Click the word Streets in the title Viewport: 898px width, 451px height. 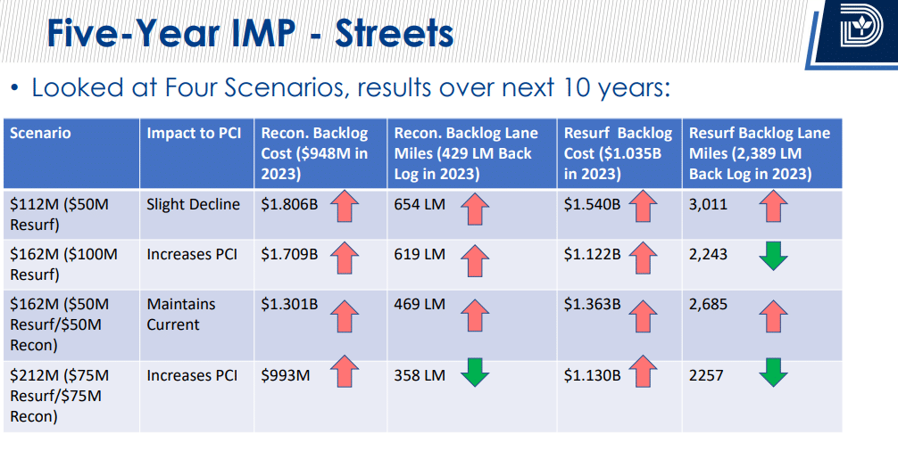pos(394,34)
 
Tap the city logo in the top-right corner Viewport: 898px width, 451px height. pos(860,33)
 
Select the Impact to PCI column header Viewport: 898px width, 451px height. pos(194,134)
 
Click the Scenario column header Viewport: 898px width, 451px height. pos(40,134)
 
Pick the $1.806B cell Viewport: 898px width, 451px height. pos(289,204)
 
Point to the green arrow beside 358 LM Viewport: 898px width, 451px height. pos(476,373)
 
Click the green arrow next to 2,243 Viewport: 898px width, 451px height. pos(773,256)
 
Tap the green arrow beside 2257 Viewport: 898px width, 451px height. pos(773,373)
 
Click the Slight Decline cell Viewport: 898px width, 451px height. pos(194,204)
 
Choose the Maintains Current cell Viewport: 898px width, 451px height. pos(181,314)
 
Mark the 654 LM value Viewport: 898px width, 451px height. pos(420,204)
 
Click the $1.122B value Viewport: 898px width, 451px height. pos(592,254)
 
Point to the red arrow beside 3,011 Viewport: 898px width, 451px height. pos(773,209)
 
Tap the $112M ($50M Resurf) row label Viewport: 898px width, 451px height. pos(59,214)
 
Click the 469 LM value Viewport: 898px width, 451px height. pos(420,304)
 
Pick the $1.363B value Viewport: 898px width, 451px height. pos(592,304)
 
